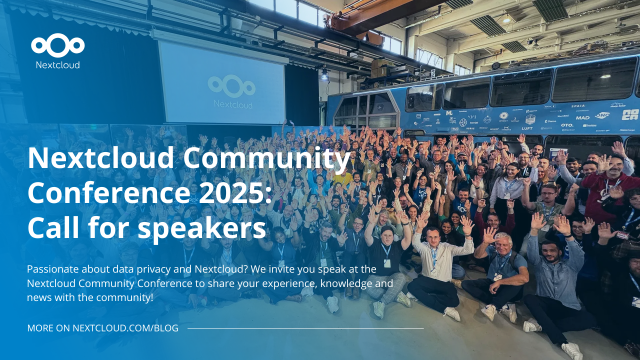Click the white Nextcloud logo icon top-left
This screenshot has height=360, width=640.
coord(57,45)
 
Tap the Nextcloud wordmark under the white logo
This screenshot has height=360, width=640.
coord(57,65)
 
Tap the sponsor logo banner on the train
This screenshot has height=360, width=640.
coord(520,120)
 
